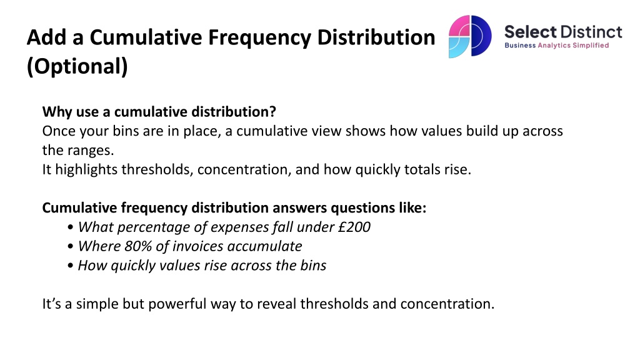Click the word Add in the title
[x=46, y=37]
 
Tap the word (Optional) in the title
[x=77, y=66]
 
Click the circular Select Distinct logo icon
[x=470, y=36]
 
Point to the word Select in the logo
[x=530, y=32]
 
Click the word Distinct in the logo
[x=591, y=32]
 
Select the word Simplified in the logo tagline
[x=591, y=45]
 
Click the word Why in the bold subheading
[x=56, y=112]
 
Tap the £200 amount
[x=354, y=227]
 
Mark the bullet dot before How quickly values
[x=71, y=266]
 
